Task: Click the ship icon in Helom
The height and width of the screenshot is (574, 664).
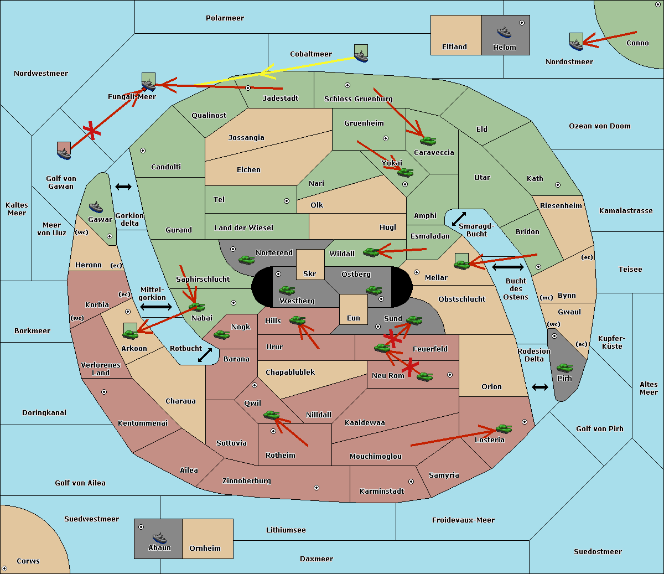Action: (x=504, y=32)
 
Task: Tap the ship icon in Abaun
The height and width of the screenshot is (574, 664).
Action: (x=159, y=537)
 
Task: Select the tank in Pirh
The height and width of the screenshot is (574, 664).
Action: (x=564, y=368)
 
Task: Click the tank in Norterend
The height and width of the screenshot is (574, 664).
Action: (x=246, y=260)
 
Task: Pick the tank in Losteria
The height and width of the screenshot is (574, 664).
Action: (x=504, y=428)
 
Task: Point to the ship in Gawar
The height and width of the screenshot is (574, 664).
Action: (x=96, y=208)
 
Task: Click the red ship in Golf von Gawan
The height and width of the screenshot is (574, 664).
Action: (x=64, y=151)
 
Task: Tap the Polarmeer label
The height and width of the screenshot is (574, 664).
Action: (x=225, y=18)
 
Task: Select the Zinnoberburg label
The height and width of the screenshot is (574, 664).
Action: (x=247, y=481)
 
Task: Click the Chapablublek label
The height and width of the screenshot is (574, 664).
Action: (x=290, y=372)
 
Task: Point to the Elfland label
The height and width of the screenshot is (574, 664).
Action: (x=454, y=47)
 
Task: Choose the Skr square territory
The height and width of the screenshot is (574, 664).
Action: (x=310, y=265)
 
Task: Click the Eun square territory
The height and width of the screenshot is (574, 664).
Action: (x=354, y=309)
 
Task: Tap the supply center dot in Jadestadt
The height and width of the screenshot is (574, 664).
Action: (x=248, y=88)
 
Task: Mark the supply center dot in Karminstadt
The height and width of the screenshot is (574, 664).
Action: (x=411, y=482)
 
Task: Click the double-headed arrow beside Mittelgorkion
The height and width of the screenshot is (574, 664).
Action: (x=156, y=307)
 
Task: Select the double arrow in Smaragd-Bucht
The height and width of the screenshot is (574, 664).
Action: (x=459, y=219)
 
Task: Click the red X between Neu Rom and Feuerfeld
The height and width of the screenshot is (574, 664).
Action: (x=410, y=367)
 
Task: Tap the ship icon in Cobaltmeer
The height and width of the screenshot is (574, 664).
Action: (x=361, y=53)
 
